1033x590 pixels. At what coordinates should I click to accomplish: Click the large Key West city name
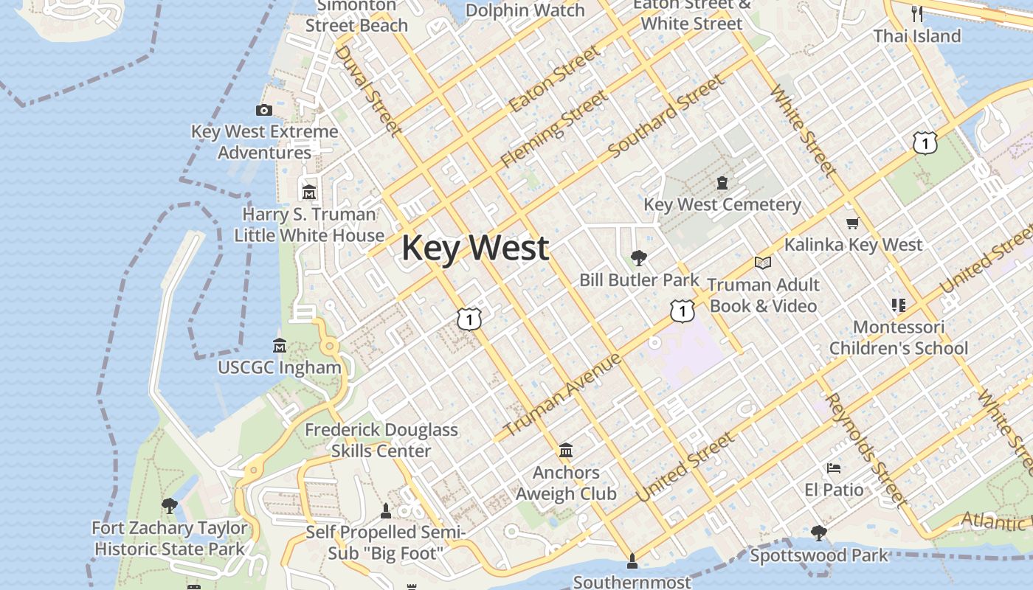click(x=475, y=248)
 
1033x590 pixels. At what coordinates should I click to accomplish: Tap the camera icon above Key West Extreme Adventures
click(x=263, y=111)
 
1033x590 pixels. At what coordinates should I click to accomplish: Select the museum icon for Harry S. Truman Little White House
click(x=309, y=192)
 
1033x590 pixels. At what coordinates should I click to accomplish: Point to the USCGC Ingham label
click(x=280, y=367)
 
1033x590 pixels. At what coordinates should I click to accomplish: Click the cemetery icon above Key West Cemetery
click(x=722, y=182)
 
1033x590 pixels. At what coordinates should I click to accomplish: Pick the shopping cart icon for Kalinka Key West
click(x=853, y=223)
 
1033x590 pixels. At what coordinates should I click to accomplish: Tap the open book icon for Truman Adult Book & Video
click(x=762, y=263)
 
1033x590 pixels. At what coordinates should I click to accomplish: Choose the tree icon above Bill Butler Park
click(x=639, y=258)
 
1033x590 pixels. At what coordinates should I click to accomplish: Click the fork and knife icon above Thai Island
click(x=917, y=13)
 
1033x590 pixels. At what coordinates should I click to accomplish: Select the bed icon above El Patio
click(x=834, y=468)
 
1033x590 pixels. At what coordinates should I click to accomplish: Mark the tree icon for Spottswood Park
click(x=818, y=532)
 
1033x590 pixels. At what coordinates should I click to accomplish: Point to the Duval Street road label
click(x=367, y=90)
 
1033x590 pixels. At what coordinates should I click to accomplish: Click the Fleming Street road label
click(x=554, y=128)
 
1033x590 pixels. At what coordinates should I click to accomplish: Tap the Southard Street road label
click(x=666, y=117)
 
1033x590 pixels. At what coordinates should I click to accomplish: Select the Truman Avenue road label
click(x=562, y=395)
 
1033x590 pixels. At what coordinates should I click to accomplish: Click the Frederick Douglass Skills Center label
click(x=381, y=440)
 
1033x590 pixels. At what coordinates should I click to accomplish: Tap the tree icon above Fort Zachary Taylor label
click(x=170, y=506)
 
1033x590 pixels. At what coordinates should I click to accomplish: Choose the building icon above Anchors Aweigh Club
click(x=566, y=450)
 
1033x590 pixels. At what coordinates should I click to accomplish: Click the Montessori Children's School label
click(x=898, y=337)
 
